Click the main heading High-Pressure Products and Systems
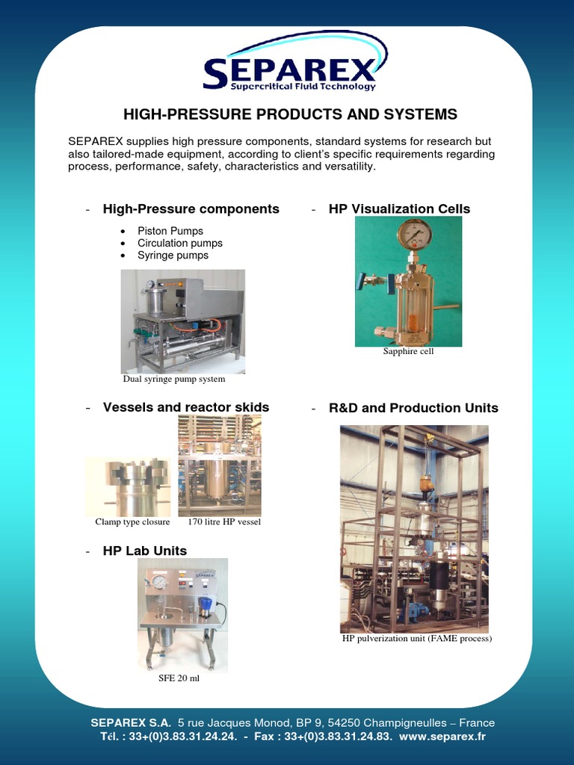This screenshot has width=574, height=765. pos(289,114)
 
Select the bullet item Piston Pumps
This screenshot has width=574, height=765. pos(170,231)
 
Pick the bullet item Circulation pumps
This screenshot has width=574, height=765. pos(179,243)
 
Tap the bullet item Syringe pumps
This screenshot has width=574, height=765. pos(173,255)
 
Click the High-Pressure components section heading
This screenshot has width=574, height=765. pos(191,209)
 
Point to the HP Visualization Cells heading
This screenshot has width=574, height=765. pos(399,209)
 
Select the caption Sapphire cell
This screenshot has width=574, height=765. pos(408,352)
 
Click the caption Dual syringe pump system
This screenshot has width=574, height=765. pos(174,379)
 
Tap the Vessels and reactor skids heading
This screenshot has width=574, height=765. pos(185,408)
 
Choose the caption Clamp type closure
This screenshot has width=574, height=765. pos(132,522)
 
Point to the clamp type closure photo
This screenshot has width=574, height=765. pos(129,486)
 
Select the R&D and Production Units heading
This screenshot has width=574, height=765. pos(413,408)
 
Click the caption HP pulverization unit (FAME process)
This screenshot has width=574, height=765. pos(416,639)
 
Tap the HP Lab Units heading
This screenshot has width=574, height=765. pos(145,551)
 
